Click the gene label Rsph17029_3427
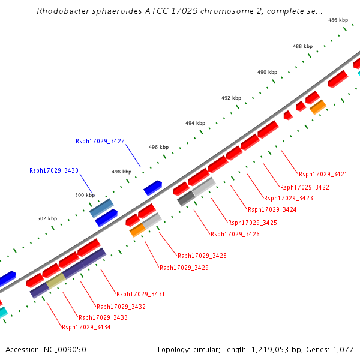(100, 142)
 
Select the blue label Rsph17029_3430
(53, 171)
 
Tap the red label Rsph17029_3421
(323, 174)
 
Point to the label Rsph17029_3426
(235, 234)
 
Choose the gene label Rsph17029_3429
(184, 268)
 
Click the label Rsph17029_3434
(86, 327)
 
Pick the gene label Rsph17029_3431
(140, 294)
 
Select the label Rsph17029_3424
(272, 209)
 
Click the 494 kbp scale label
(195, 123)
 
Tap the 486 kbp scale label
(338, 20)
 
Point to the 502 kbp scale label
(47, 218)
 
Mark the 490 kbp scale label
(267, 72)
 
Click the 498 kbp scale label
(121, 172)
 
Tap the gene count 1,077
(343, 349)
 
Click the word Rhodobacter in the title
(62, 11)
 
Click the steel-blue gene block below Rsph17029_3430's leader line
(101, 208)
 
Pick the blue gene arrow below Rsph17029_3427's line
(152, 188)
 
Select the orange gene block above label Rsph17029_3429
(137, 230)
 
